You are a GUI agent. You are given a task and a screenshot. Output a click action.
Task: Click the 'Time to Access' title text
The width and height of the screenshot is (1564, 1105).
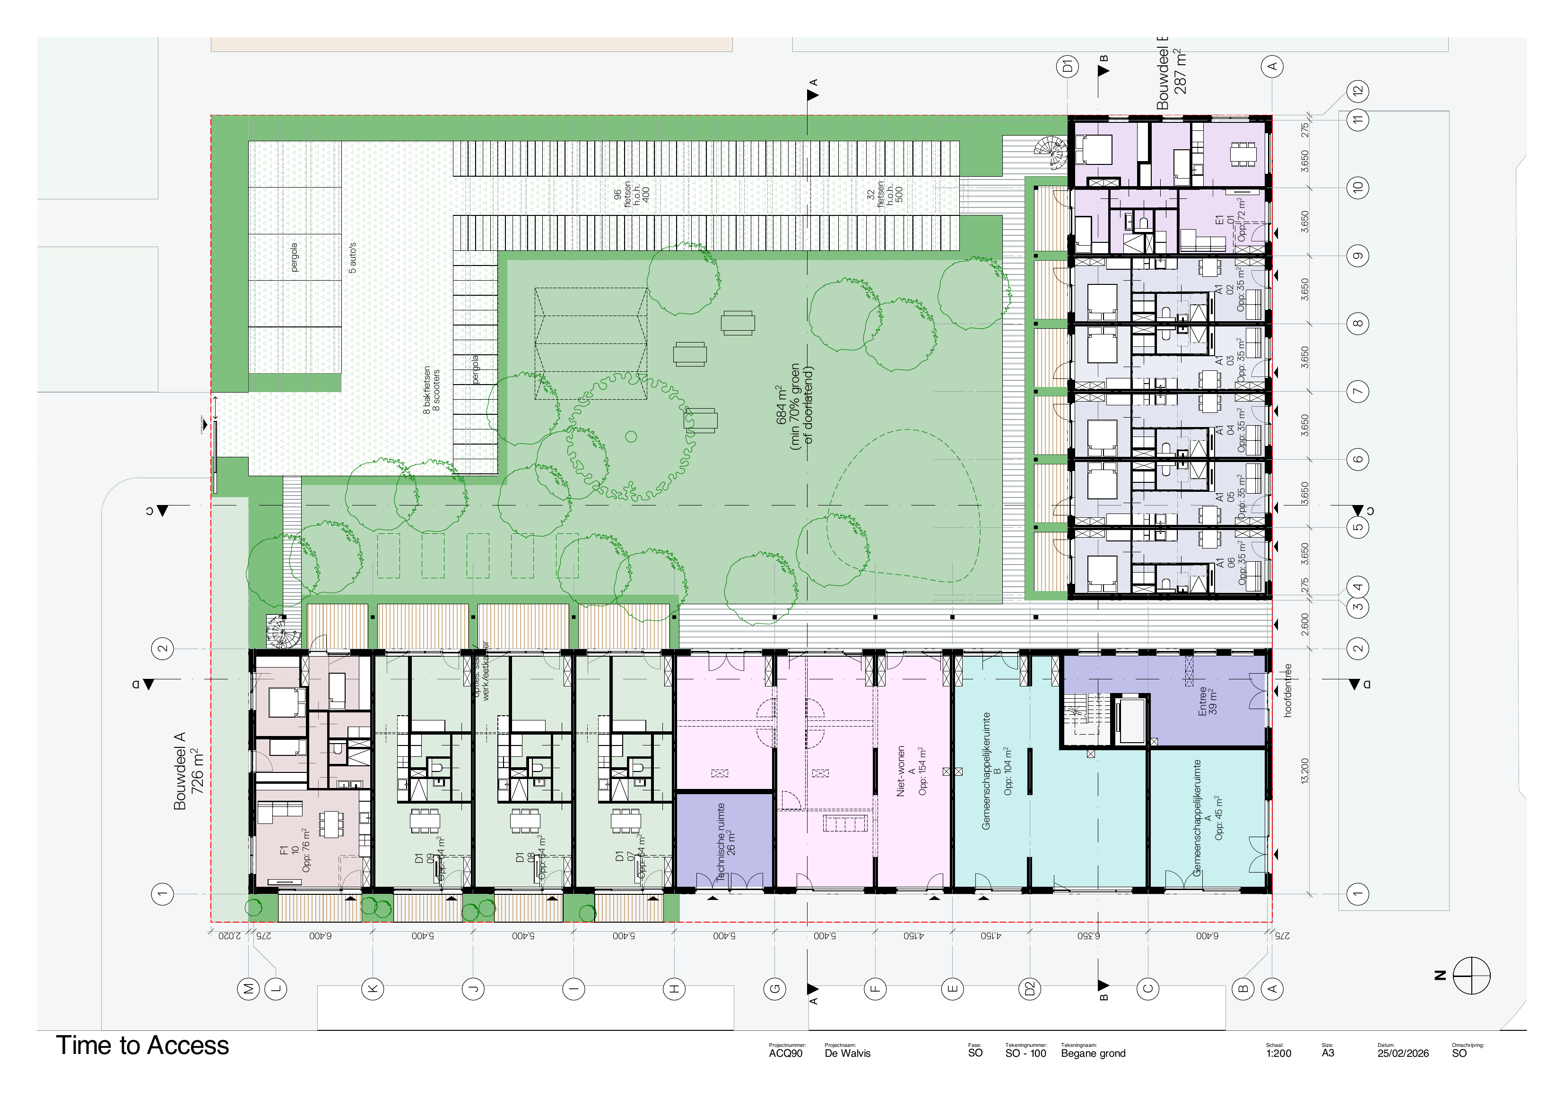coord(142,1045)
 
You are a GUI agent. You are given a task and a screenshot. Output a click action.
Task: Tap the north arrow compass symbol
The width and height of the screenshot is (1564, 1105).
coord(1471,976)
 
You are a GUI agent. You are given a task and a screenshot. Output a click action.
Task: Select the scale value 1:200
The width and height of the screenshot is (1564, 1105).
coord(1278,1053)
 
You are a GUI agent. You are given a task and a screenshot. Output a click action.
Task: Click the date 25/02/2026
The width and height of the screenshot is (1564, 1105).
coord(1403,1053)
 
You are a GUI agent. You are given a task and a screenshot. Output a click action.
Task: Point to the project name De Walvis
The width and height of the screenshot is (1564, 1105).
coord(847,1053)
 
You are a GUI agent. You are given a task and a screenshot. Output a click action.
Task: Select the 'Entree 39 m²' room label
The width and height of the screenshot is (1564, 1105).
coord(1207,701)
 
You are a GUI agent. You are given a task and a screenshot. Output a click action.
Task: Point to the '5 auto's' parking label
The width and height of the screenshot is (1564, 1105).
coord(352,258)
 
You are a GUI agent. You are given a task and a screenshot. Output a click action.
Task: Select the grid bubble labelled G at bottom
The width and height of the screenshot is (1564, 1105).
coord(774,989)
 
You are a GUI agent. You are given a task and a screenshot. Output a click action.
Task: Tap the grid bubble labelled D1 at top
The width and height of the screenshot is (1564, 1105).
coord(1068,66)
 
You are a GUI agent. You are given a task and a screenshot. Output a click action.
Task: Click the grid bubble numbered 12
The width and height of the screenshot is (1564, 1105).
coord(1357,91)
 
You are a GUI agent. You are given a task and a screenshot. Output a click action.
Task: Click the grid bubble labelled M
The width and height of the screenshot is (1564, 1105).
coord(249,989)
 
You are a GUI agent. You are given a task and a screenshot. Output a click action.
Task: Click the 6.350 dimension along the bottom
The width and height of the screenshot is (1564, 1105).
coord(1088,935)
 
